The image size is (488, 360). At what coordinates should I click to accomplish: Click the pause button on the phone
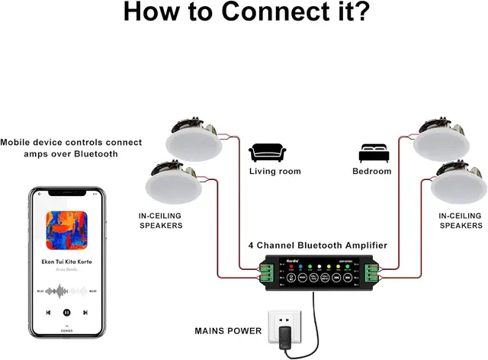click(x=67, y=312)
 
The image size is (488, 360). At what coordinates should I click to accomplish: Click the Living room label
click(x=274, y=172)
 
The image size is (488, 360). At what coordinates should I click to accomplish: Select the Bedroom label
click(x=371, y=172)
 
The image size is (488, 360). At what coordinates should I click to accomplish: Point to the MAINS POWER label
click(x=227, y=331)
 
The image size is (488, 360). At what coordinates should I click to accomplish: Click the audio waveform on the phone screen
click(x=66, y=291)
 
